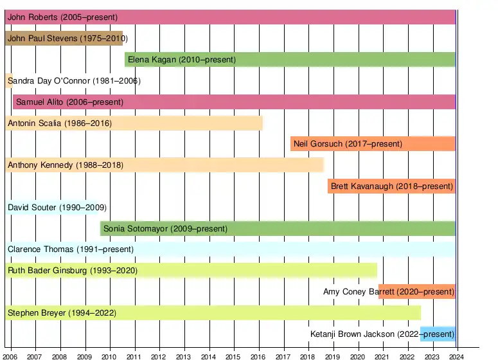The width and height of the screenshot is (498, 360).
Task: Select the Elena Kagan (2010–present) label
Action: (x=182, y=60)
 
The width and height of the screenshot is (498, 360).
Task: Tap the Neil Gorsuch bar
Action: (x=373, y=144)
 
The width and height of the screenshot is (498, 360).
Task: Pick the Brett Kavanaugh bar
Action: (x=391, y=186)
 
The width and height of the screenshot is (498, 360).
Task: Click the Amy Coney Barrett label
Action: (x=389, y=292)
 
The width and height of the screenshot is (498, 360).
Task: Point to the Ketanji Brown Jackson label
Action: (x=382, y=334)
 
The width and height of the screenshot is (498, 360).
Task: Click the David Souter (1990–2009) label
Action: (x=57, y=208)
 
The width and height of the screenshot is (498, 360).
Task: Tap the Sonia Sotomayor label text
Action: (x=165, y=229)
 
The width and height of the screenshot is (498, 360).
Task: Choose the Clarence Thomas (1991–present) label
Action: (x=71, y=249)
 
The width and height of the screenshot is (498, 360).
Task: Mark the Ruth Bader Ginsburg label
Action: (x=73, y=271)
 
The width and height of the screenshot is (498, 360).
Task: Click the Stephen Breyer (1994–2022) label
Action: (x=62, y=313)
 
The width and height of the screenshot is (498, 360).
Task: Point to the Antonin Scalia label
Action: (x=59, y=123)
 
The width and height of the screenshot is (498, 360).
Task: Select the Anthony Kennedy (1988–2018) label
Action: (x=66, y=165)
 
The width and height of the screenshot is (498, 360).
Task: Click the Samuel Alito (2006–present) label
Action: (x=69, y=102)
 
